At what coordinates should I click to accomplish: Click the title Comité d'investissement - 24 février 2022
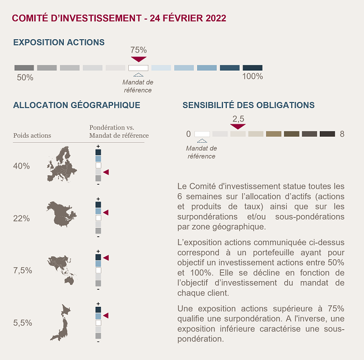[119, 18]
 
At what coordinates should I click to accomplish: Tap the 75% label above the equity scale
[138, 50]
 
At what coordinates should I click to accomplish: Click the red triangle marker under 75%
[138, 59]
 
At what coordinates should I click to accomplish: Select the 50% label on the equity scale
[25, 77]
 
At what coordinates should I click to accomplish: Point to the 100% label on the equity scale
[252, 76]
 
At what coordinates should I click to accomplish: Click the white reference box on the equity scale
[138, 68]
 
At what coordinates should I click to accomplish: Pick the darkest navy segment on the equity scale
[253, 68]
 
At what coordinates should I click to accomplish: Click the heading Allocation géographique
[77, 105]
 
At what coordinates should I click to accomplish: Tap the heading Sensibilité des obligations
[249, 105]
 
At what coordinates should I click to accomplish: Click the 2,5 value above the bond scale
[238, 119]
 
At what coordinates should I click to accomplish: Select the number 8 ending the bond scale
[342, 134]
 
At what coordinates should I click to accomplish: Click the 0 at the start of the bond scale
[188, 134]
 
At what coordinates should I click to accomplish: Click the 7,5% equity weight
[22, 270]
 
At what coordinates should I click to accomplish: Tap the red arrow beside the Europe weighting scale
[106, 172]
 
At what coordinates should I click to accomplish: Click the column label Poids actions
[32, 135]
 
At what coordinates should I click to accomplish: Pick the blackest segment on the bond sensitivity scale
[327, 134]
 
